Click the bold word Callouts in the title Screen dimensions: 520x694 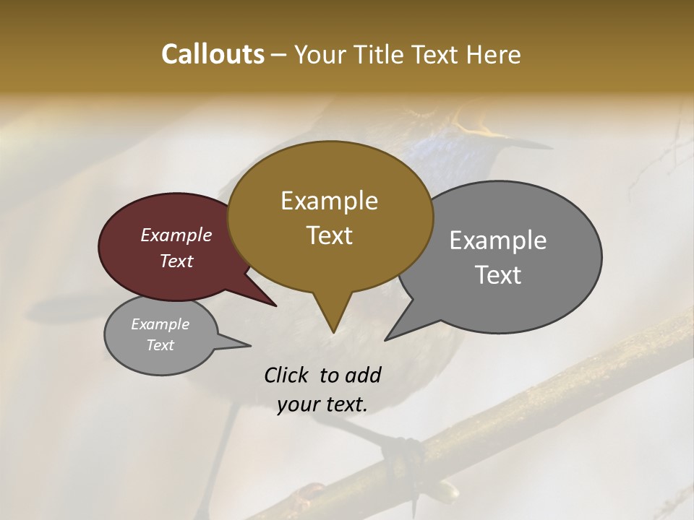coord(213,54)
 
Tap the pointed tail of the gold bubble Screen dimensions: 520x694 coord(333,329)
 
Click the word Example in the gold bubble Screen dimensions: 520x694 coord(329,201)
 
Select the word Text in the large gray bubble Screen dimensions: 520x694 coord(498,275)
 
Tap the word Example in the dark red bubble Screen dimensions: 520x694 coord(176,235)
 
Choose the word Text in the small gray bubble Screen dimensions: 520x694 coord(160,345)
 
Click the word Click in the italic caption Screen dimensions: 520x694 coord(287,375)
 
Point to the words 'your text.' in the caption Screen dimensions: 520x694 coord(322,404)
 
